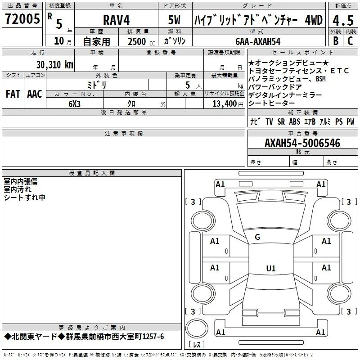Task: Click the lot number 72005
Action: pos(22,19)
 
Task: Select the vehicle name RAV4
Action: pos(116,20)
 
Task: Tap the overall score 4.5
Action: pos(343,20)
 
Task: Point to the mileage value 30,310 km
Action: pos(54,64)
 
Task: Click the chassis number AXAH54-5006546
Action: pos(302,143)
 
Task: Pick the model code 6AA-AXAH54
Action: pos(258,41)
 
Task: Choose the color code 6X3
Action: pos(74,104)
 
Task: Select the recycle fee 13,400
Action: pos(225,103)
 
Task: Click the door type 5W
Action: pos(174,20)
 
